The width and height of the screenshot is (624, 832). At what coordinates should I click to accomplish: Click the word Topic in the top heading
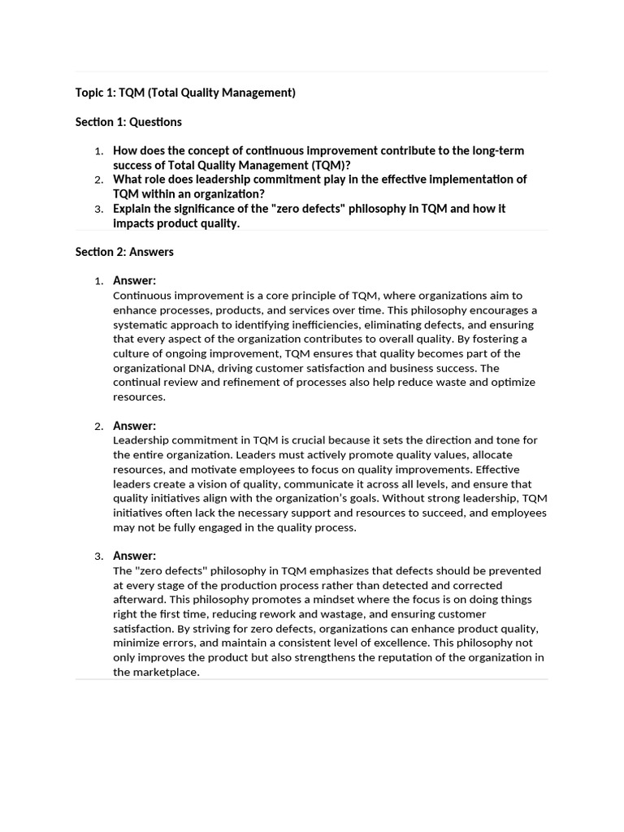coord(91,93)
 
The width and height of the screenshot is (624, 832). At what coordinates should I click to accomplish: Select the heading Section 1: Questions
coord(128,122)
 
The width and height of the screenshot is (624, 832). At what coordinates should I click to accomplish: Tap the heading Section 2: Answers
coord(124,252)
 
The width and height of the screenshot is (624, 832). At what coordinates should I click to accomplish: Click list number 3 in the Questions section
coord(98,210)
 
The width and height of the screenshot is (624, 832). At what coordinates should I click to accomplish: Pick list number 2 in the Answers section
coord(98,427)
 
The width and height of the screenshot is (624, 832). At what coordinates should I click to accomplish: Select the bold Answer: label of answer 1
coord(134,281)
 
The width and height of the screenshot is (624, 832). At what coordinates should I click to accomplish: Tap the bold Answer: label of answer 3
coord(134,556)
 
